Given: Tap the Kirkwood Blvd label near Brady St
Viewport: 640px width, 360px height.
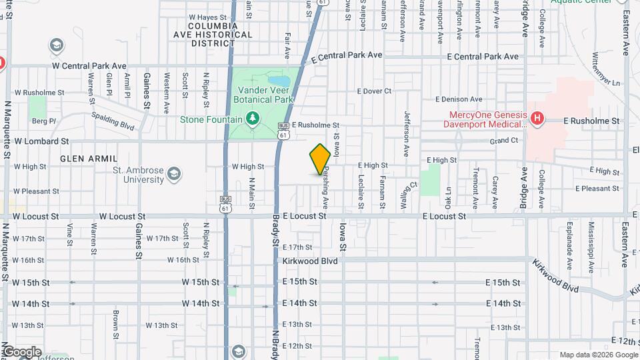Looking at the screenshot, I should pyautogui.click(x=310, y=261).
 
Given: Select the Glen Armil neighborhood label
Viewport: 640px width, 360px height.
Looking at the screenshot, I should pyautogui.click(x=89, y=159).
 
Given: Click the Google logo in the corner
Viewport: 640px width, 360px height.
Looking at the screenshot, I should pyautogui.click(x=21, y=352).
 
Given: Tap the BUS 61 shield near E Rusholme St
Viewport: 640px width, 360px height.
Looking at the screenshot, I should pyautogui.click(x=284, y=131).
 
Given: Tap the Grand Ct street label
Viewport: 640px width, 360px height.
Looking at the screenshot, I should pyautogui.click(x=504, y=141).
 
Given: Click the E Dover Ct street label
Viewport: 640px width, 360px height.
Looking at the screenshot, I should pyautogui.click(x=374, y=91).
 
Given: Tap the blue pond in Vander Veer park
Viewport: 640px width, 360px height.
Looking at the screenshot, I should pyautogui.click(x=275, y=82).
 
